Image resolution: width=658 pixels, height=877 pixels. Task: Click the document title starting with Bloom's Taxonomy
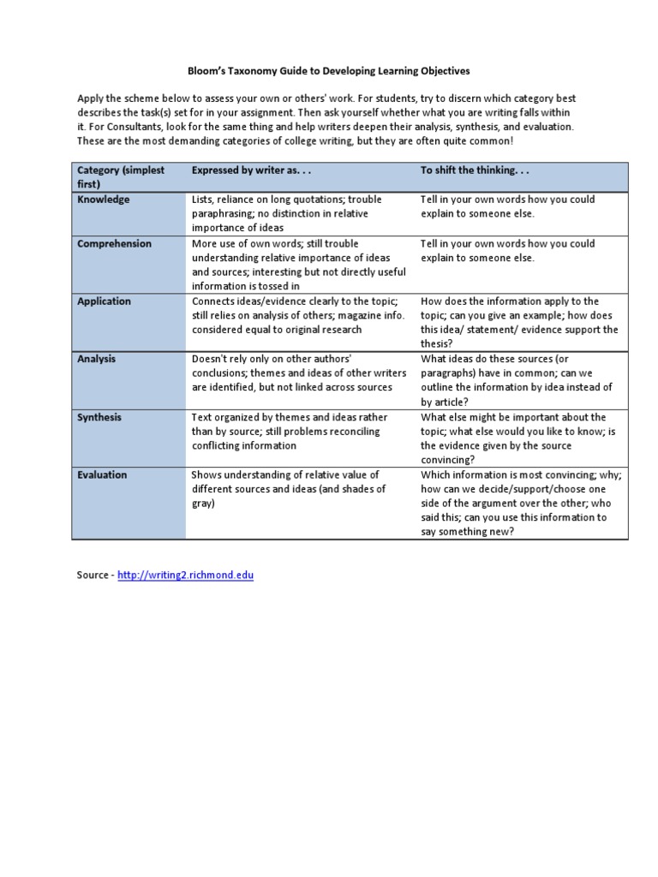(x=329, y=70)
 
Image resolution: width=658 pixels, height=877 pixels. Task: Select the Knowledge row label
(x=104, y=200)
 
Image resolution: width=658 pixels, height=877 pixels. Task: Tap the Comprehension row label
(x=114, y=244)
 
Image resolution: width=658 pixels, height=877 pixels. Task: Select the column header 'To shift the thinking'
(x=469, y=170)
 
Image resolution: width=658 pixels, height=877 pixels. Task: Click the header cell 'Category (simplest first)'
(x=121, y=177)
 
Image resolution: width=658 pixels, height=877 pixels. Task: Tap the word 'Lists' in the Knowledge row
(x=203, y=200)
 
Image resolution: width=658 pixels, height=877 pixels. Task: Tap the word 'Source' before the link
(x=93, y=575)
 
